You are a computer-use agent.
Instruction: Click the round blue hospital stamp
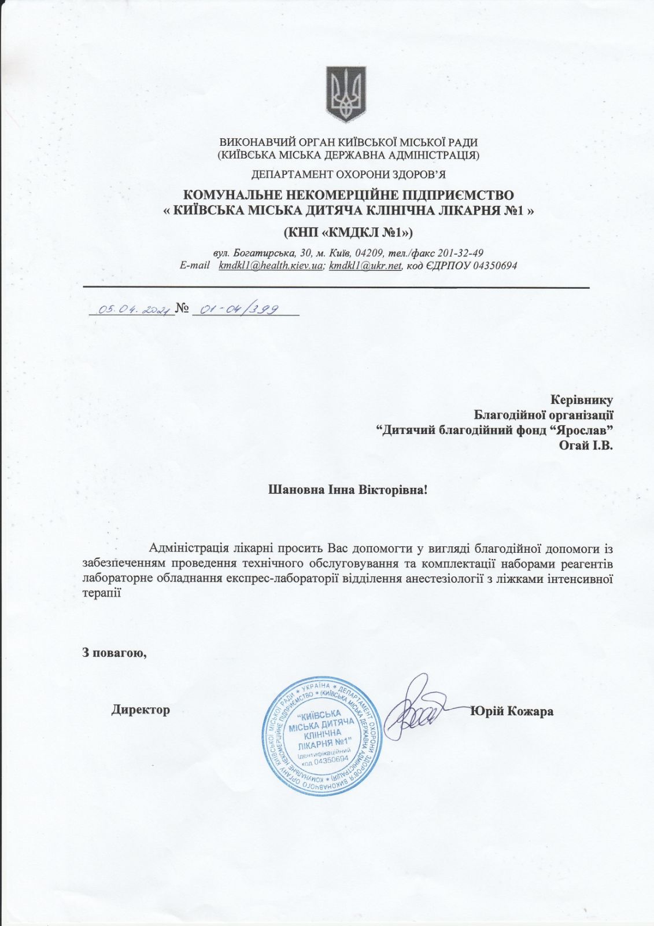[323, 736]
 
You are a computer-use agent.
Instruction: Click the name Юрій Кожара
[512, 711]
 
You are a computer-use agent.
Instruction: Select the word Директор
[141, 710]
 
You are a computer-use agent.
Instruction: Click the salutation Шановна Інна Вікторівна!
[348, 490]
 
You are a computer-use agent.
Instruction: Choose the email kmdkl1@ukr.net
[365, 266]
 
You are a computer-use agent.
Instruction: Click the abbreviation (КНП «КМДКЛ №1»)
[348, 233]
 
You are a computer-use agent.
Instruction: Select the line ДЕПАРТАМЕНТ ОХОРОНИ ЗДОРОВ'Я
[348, 174]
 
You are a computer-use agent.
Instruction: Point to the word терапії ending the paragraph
[102, 592]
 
